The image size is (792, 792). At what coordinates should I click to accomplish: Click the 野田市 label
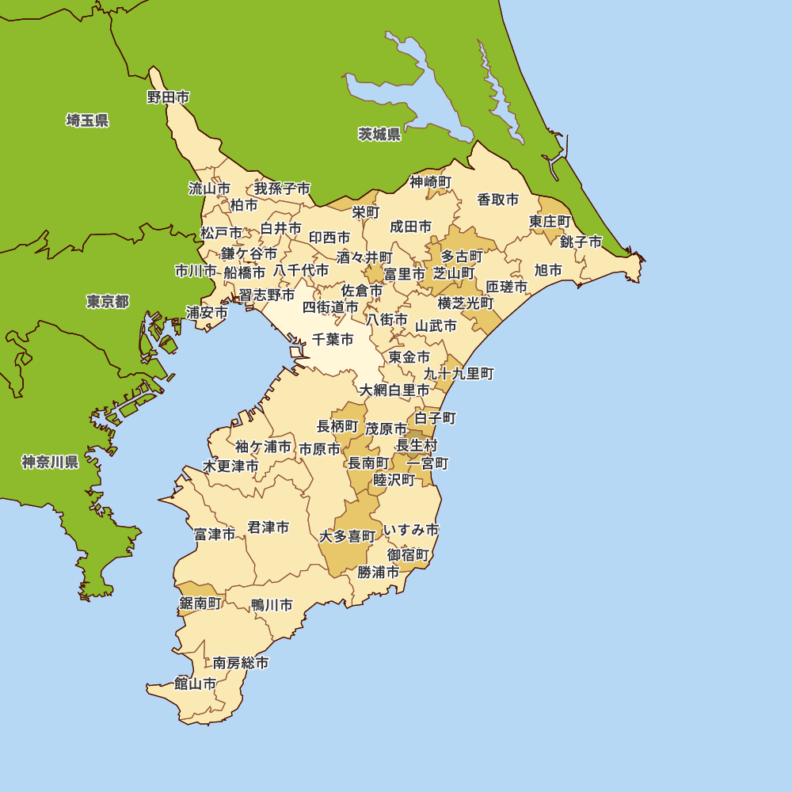coord(169,97)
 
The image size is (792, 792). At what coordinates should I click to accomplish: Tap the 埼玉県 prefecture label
coord(87,120)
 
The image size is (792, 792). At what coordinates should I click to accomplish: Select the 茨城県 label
coord(379,134)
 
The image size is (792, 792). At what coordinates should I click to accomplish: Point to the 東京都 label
coord(108,302)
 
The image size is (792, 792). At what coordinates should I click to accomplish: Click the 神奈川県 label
coord(50,462)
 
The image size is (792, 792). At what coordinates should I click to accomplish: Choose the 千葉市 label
coord(333,340)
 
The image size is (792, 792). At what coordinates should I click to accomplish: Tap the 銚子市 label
coord(581,242)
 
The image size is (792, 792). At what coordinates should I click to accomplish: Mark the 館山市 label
coord(195,683)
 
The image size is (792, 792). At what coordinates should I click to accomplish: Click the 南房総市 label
coord(241,663)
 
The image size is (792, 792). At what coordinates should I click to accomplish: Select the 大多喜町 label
coord(347,536)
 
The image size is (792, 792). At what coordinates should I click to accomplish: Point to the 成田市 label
coord(410,227)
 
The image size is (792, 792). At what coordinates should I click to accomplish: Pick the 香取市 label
coord(498,200)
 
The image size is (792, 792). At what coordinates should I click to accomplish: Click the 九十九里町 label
coord(459,373)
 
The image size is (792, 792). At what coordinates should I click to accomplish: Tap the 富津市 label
coord(215,535)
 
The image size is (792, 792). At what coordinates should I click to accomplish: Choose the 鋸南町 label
coord(200,604)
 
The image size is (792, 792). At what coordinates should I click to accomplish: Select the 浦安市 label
coord(207,312)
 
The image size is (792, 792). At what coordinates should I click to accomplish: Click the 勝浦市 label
coord(379,571)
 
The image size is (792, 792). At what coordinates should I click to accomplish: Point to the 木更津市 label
coord(230,466)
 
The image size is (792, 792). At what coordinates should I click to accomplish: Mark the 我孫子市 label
coord(282,188)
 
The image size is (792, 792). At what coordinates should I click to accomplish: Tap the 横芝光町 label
coord(466,303)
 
